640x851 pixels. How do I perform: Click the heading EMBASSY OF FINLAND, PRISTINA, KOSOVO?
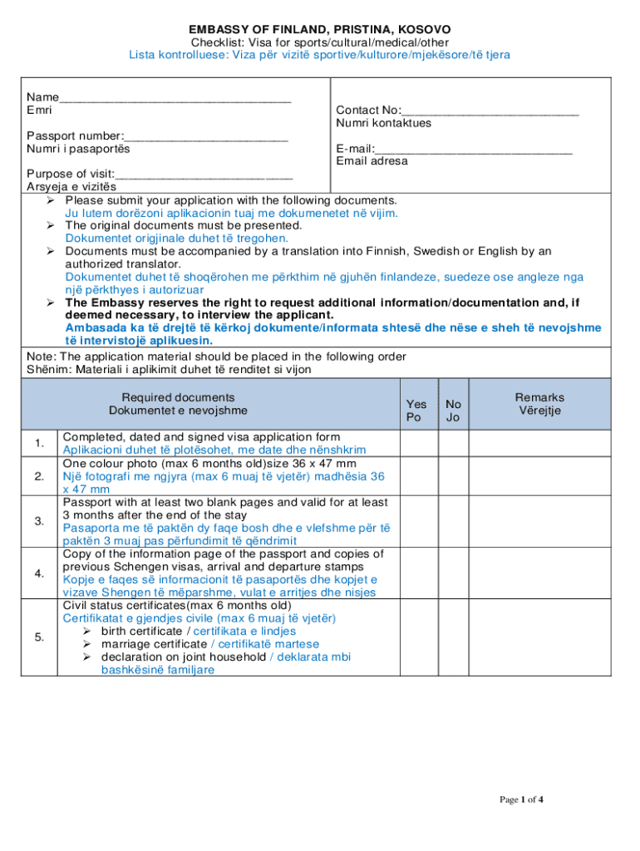319,29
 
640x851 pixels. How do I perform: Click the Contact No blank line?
490,111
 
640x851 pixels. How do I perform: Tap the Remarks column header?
539,404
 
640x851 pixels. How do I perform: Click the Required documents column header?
178,404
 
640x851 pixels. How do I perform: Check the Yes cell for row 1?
419,443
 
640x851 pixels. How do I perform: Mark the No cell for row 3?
453,521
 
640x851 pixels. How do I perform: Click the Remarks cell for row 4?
539,573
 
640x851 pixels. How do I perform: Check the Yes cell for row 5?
419,637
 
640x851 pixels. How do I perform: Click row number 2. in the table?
39,476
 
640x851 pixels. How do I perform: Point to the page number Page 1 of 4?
521,800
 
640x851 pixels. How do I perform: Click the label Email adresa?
372,161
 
